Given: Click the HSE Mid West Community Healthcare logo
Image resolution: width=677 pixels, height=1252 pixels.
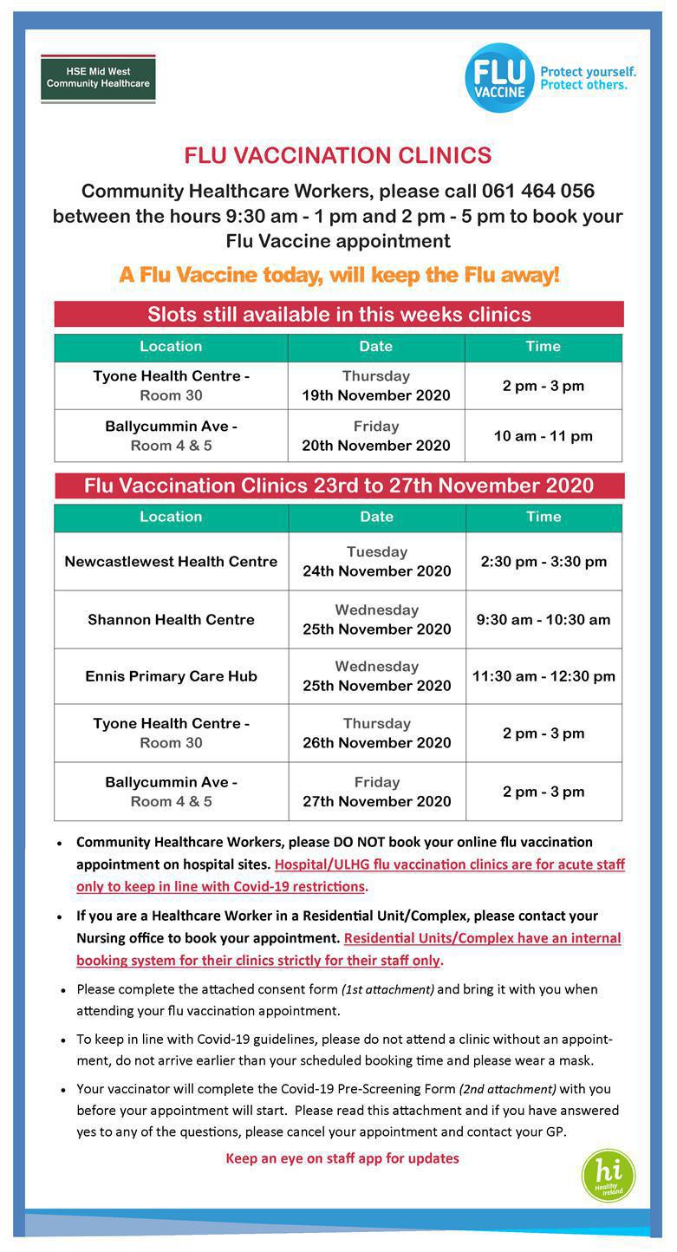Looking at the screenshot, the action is [98, 78].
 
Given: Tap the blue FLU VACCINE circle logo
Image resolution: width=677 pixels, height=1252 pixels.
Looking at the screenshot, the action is [499, 78].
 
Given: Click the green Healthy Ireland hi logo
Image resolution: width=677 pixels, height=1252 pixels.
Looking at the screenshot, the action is [608, 1176].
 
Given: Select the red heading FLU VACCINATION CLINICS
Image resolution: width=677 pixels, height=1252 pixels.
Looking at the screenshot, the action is [337, 156].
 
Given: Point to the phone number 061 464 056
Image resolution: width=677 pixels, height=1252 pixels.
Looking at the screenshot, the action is [538, 191].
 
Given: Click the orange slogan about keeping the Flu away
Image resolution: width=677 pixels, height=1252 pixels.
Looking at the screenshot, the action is [339, 275].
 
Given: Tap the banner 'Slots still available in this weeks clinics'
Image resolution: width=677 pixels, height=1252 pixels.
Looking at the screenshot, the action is [339, 314].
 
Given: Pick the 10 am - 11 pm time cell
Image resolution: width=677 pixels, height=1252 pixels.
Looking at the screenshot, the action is [544, 436].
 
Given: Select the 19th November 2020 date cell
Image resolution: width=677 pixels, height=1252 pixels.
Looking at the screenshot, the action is [376, 386].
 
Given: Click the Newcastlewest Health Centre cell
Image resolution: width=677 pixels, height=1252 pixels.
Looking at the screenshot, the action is [171, 561].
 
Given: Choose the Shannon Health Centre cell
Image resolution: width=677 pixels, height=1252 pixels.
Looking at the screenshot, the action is [171, 619].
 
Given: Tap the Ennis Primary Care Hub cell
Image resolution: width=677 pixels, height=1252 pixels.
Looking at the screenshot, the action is [171, 676].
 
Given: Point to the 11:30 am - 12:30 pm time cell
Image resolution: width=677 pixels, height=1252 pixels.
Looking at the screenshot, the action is [544, 676].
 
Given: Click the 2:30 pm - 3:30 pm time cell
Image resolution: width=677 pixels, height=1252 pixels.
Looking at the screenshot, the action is [544, 561].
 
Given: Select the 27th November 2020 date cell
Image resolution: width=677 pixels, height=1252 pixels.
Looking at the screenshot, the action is [376, 792].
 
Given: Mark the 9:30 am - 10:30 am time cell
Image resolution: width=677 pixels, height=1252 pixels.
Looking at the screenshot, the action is [544, 619].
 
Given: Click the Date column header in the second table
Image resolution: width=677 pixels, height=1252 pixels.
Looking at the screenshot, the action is [376, 517].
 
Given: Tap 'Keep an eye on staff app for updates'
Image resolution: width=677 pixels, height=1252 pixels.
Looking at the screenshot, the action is [342, 1158].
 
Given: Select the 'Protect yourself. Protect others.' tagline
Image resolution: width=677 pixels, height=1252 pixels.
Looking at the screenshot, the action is [588, 78].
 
